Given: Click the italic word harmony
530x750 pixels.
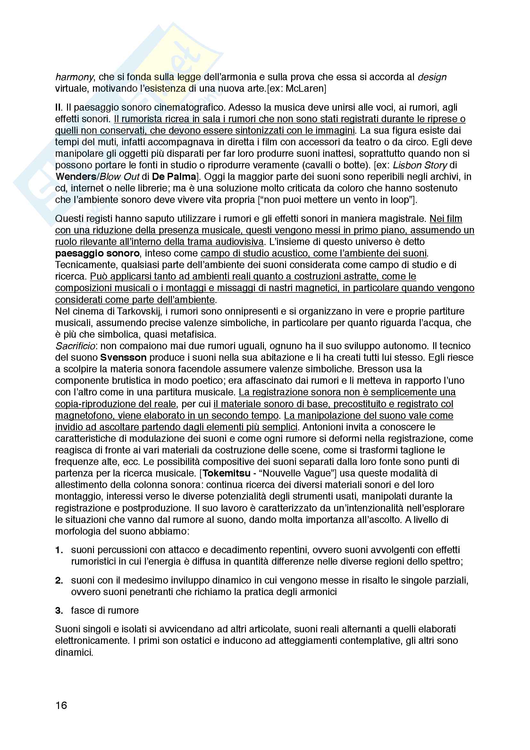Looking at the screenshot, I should [74, 77].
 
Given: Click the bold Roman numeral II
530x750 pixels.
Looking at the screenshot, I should [58, 107].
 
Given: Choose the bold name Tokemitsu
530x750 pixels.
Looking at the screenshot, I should [226, 473].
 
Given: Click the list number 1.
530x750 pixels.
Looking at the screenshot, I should [59, 551].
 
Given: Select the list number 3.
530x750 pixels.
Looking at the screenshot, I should [59, 611].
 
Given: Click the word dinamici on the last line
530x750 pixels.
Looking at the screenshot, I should [74, 652].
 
